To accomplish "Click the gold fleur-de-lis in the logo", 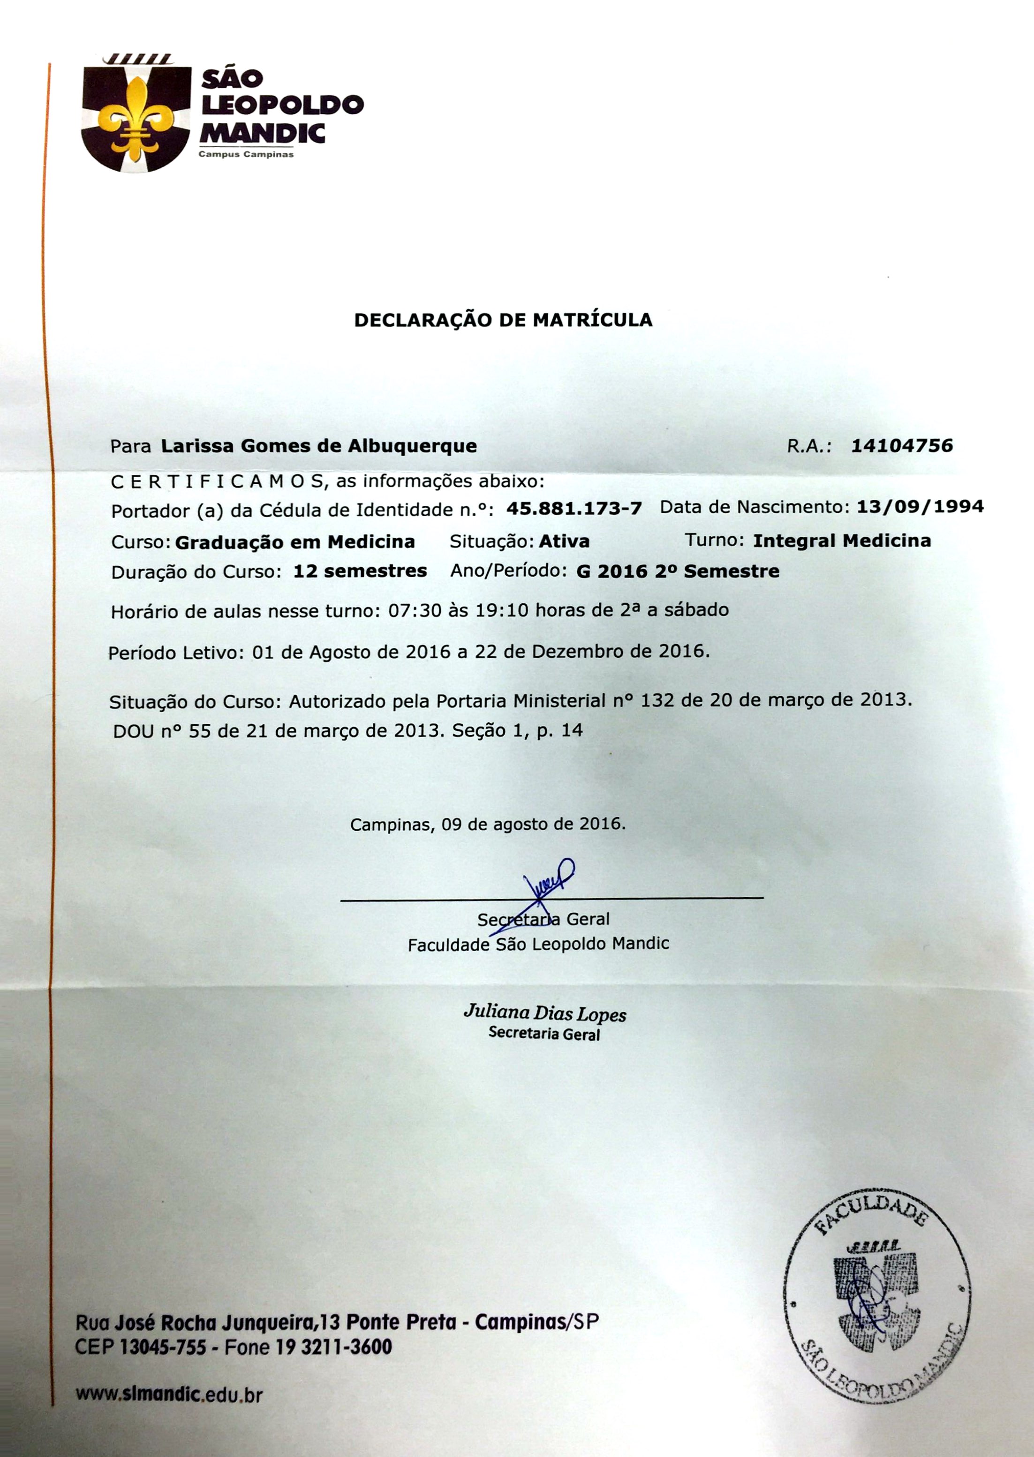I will coord(137,118).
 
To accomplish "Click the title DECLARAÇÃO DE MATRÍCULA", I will coord(503,320).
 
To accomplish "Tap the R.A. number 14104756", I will coord(902,445).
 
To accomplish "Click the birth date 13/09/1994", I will coord(920,507).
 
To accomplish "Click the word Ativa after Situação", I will coord(564,541).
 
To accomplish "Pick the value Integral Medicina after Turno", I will coord(842,541).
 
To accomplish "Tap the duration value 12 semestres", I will coord(360,571).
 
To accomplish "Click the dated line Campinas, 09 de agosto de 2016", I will coord(488,824).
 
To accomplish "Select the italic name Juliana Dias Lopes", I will coord(544,1013).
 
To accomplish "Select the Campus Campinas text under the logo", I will coord(246,154).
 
